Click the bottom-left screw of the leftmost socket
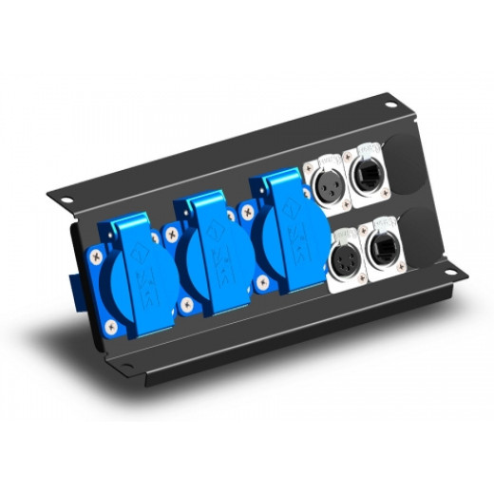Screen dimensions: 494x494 pyautogui.click(x=114, y=326)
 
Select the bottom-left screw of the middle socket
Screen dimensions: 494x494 pyautogui.click(x=187, y=304)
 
